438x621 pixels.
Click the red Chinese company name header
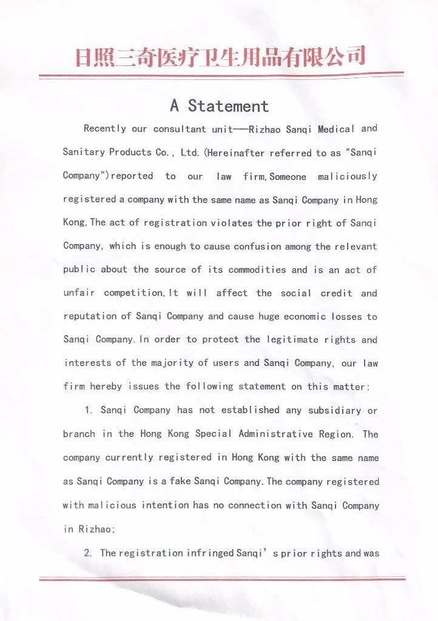point(220,56)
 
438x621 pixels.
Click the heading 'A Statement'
point(219,106)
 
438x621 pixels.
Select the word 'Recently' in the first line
point(105,128)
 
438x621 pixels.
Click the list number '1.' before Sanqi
point(89,410)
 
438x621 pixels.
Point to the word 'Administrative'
point(276,434)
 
